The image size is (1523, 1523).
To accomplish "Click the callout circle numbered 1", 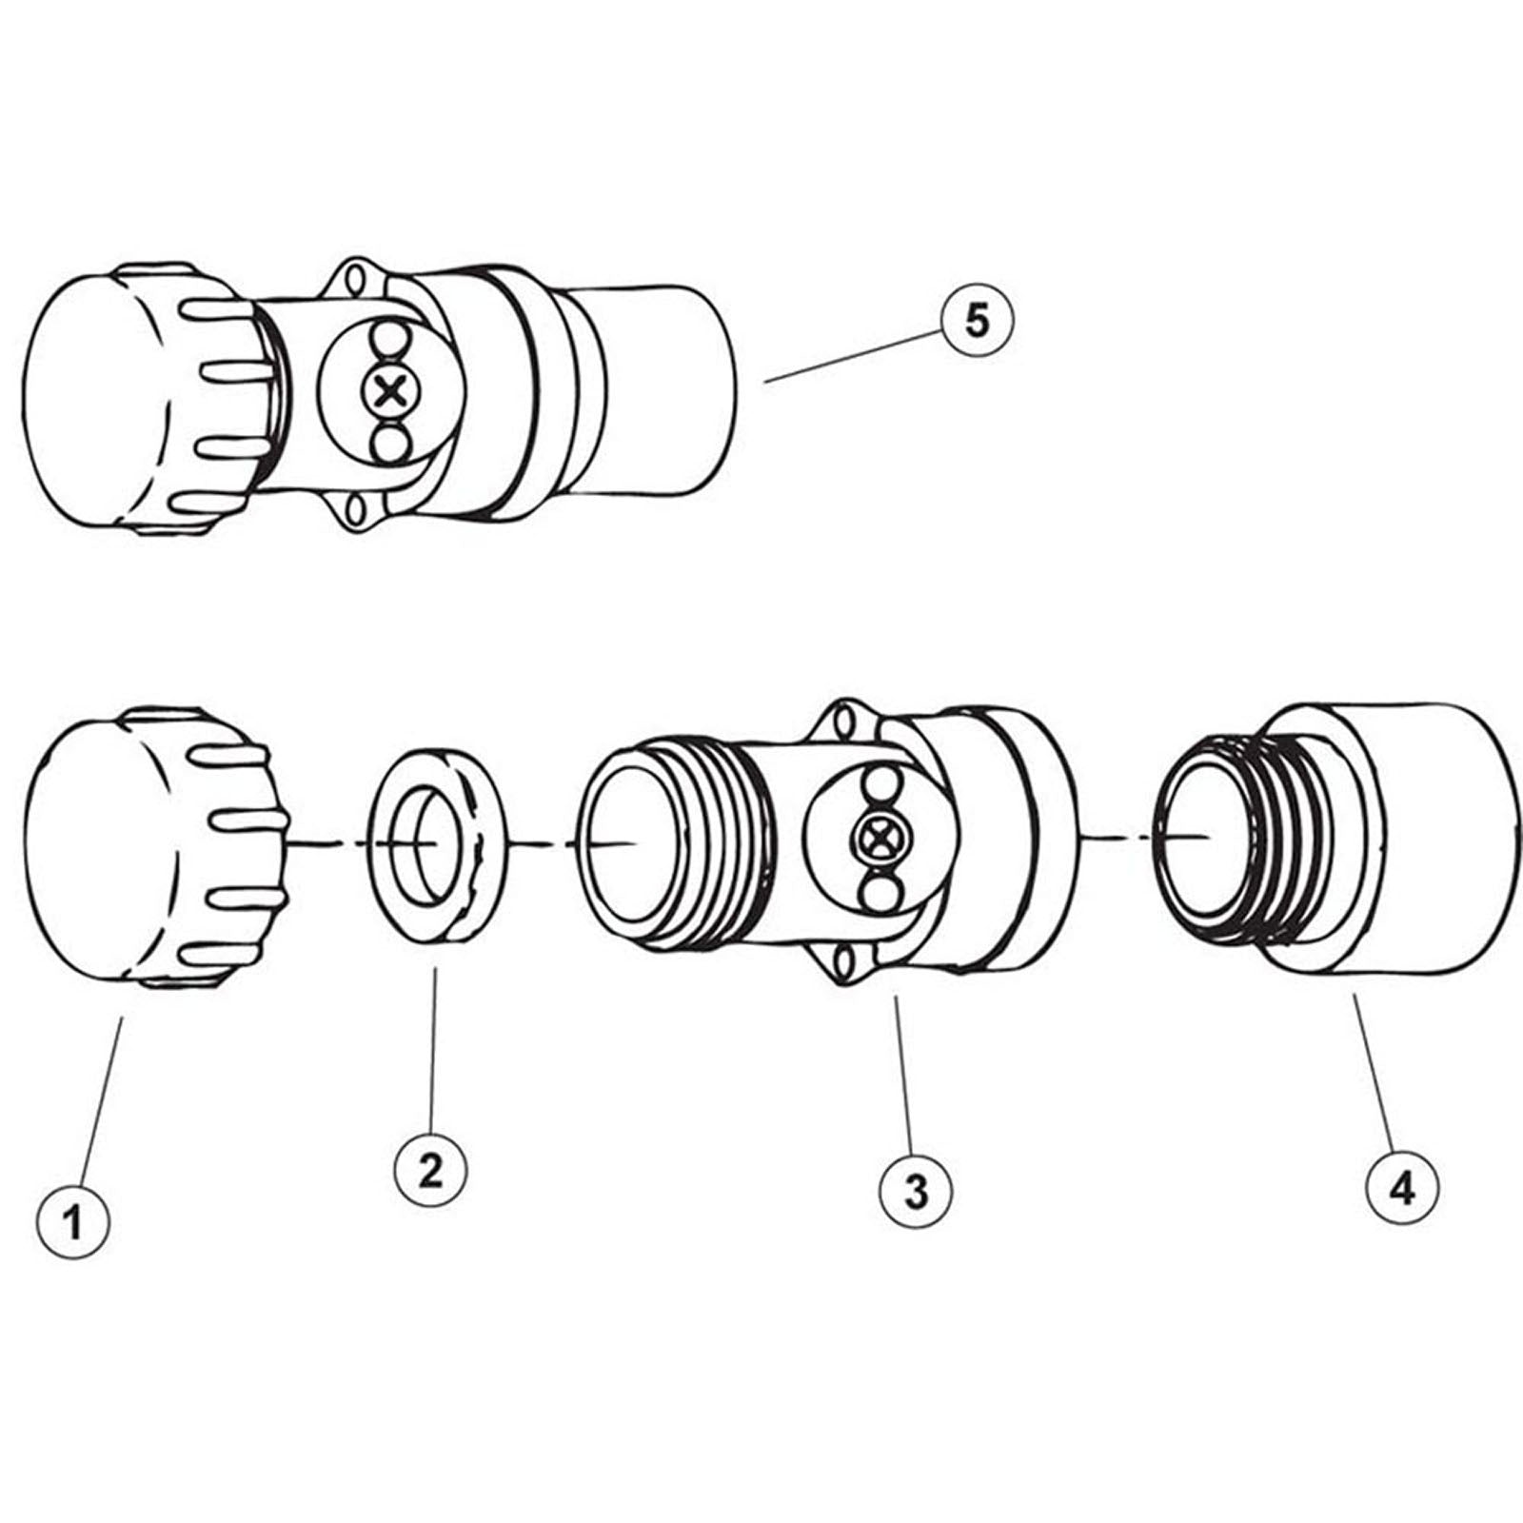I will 74,1221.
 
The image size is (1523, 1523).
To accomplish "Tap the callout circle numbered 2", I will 431,1169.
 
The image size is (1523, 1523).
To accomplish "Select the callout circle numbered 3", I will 916,1189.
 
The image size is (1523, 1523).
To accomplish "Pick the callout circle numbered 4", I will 1403,1189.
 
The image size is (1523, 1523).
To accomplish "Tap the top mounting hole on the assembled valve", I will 358,280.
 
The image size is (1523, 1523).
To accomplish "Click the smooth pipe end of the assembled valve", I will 666,390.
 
